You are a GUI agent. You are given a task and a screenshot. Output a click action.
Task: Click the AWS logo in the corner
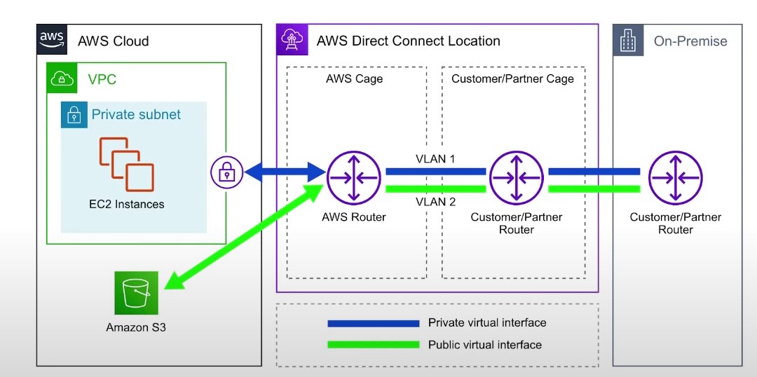(x=53, y=39)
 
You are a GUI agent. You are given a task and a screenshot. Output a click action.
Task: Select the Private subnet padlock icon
(x=74, y=115)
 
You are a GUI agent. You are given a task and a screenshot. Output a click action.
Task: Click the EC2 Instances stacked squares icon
(x=126, y=164)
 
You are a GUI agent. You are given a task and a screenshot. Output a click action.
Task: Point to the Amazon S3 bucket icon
(x=137, y=293)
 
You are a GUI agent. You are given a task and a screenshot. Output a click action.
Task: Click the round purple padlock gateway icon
(x=227, y=172)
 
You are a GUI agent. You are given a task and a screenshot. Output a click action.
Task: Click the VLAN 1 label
(x=435, y=159)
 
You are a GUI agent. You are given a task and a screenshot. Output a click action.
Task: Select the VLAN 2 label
(x=435, y=203)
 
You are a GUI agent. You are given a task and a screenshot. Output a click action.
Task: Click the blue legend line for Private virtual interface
(x=373, y=323)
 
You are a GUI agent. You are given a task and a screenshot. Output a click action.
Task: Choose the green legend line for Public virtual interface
(x=373, y=345)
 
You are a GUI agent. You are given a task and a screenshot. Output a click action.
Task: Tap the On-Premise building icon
(x=629, y=41)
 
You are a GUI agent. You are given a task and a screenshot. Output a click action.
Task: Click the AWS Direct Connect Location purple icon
(x=291, y=39)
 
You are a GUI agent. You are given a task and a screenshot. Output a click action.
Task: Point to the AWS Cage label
(x=355, y=78)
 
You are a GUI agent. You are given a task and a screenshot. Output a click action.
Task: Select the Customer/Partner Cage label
(x=512, y=78)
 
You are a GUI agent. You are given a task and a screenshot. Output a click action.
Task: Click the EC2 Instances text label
(x=132, y=205)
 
